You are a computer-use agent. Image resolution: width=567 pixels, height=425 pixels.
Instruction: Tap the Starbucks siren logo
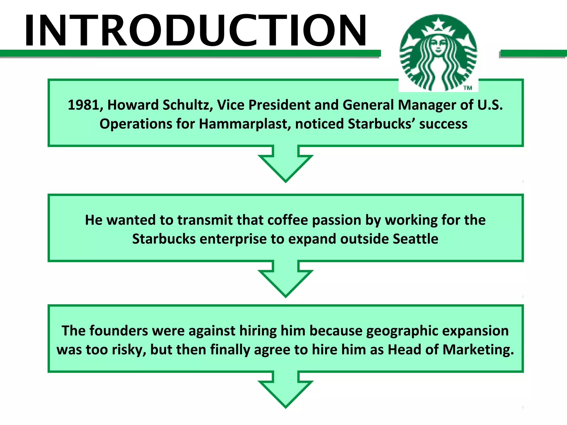(x=438, y=53)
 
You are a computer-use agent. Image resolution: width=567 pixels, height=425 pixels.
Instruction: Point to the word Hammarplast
(x=245, y=124)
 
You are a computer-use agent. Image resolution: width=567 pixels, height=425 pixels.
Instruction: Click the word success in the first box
(x=443, y=124)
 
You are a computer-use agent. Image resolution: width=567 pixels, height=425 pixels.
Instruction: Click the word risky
(x=129, y=350)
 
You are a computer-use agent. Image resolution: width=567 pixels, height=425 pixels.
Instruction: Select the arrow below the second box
(x=286, y=280)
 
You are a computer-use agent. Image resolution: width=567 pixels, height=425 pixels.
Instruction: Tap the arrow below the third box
(x=286, y=391)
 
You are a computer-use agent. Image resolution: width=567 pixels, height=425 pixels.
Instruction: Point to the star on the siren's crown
(x=438, y=23)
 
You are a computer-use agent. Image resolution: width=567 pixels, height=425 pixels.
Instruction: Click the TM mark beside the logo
(x=468, y=88)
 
